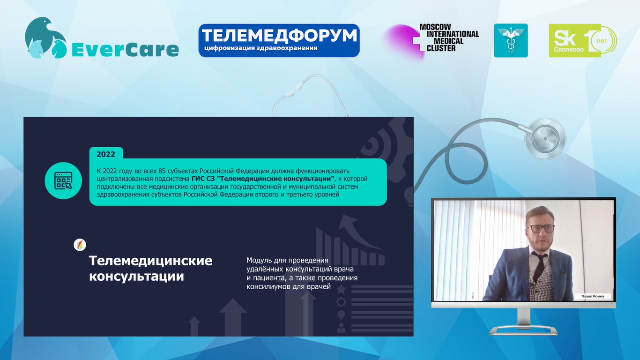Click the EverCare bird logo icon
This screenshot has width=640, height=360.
point(46,38)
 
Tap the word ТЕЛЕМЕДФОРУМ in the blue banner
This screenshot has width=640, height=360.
point(279,36)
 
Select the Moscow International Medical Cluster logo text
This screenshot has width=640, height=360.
point(449,38)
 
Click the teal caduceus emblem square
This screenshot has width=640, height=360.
point(511,40)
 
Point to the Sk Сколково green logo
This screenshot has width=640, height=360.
point(583,41)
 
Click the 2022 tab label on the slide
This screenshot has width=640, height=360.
point(106,154)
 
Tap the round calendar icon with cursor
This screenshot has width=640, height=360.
point(63,181)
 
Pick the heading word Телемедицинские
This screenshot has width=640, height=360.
point(150,261)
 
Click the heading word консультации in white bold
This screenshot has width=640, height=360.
point(136,277)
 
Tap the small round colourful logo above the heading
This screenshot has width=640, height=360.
point(80,245)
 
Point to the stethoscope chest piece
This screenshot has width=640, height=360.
point(545,139)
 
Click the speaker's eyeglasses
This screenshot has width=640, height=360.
point(540,228)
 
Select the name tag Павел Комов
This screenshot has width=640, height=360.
point(593,296)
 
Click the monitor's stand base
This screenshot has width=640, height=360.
point(523,331)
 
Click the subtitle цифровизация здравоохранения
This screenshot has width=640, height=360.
point(261,48)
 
